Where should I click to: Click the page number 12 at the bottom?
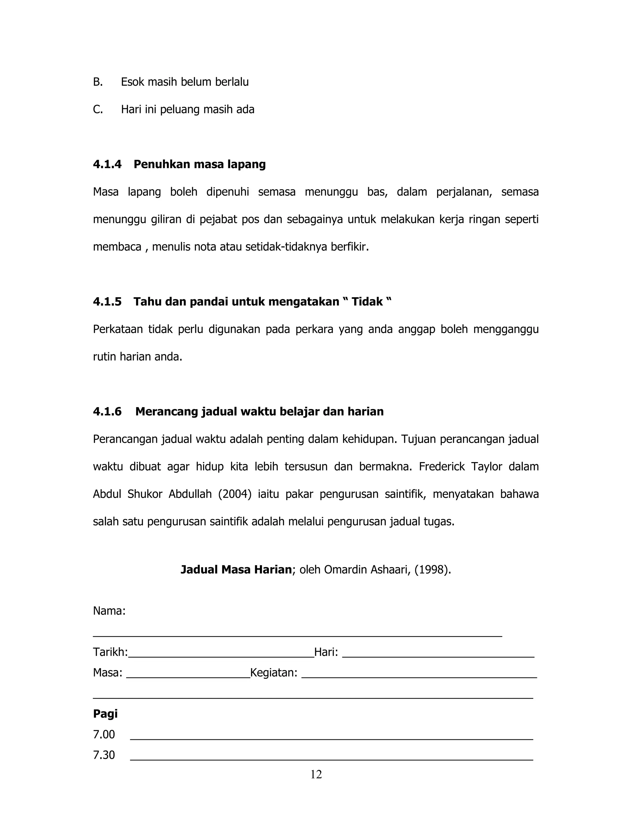[316, 774]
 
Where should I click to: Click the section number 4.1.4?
[107, 164]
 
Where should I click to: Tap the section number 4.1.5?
[107, 302]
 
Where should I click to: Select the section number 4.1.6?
[107, 411]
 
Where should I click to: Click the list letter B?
[98, 82]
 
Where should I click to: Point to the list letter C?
[98, 109]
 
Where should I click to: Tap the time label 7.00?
[104, 734]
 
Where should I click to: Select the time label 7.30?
[104, 755]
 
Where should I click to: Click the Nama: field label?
[109, 611]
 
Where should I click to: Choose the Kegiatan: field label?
[274, 673]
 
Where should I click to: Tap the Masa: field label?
[107, 673]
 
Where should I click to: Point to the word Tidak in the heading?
[367, 302]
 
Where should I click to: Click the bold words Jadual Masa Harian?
[236, 570]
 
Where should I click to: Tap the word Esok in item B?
[132, 82]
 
